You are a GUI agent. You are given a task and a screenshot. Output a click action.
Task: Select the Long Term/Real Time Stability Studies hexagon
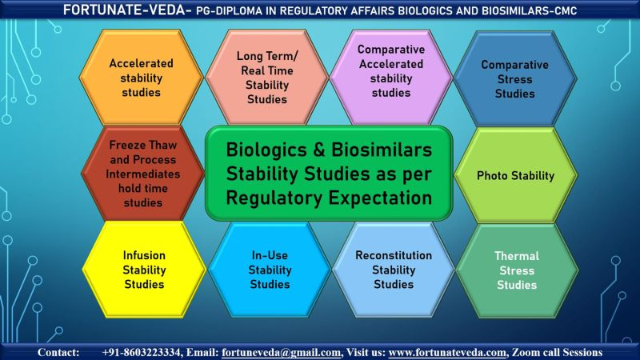(x=267, y=78)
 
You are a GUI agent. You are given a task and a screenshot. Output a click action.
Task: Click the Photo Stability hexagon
(x=515, y=175)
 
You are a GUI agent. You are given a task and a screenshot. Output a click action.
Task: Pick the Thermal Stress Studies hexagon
(x=516, y=270)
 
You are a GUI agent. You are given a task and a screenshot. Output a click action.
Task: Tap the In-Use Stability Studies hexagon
(x=270, y=270)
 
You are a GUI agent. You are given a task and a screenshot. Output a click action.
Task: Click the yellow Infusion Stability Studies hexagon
(x=144, y=270)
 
